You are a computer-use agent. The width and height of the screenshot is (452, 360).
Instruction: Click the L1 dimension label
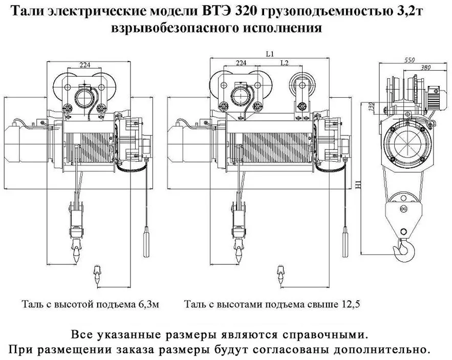click(x=270, y=54)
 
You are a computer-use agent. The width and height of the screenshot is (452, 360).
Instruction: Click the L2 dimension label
click(x=285, y=62)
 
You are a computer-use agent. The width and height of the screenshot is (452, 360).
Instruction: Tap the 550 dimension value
click(x=410, y=60)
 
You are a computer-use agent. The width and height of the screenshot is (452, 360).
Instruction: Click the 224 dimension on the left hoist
click(x=85, y=65)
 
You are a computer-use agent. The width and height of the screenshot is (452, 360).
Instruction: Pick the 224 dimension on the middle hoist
click(x=241, y=62)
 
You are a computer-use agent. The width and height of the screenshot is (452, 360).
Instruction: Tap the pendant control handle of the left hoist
click(x=147, y=241)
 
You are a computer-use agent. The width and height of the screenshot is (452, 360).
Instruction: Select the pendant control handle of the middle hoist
click(x=345, y=241)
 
